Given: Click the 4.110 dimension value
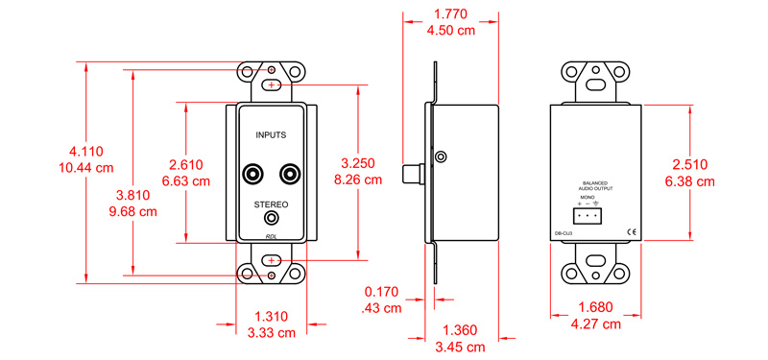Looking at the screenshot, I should (85, 151).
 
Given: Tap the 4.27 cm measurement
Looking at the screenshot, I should (595, 324).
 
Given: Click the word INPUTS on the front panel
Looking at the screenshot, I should (271, 138).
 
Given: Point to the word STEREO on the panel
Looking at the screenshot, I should (271, 204).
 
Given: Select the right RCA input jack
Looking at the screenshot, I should (289, 175).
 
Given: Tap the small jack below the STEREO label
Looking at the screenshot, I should (271, 220).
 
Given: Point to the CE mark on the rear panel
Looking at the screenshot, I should (632, 231).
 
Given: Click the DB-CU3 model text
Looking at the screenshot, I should (565, 231).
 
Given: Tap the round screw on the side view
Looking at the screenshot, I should (441, 156).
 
